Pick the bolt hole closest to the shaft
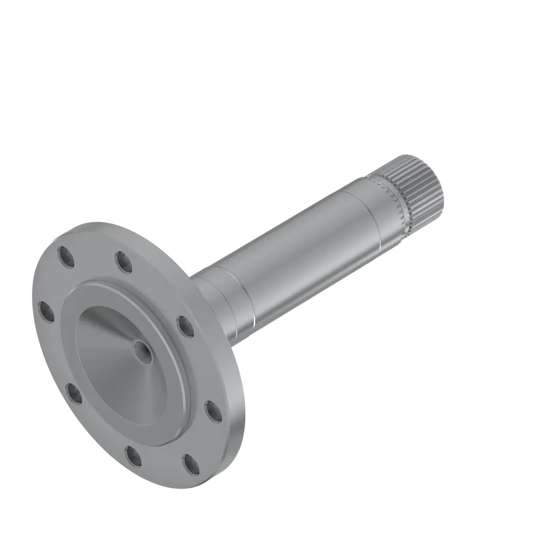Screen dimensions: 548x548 pyautogui.click(x=185, y=326)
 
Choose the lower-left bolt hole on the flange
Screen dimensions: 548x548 pyautogui.click(x=75, y=394)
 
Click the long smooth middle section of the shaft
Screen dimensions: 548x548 pyautogui.click(x=300, y=253)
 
